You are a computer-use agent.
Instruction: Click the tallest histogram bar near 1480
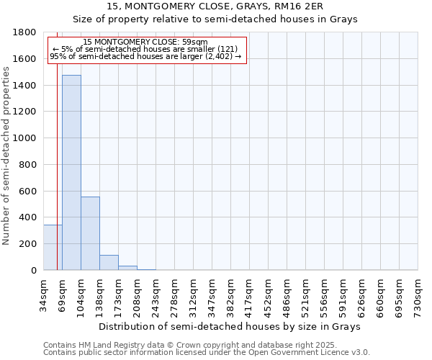click(71, 173)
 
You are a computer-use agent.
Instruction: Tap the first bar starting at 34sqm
click(53, 248)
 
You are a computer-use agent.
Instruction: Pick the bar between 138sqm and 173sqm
click(109, 263)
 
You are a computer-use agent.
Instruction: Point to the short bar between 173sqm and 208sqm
click(127, 268)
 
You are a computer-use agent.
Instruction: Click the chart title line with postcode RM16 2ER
click(215, 6)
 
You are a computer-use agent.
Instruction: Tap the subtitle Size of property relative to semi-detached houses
click(215, 19)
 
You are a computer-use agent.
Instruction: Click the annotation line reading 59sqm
click(145, 42)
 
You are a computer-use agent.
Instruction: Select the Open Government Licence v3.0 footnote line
click(207, 353)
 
